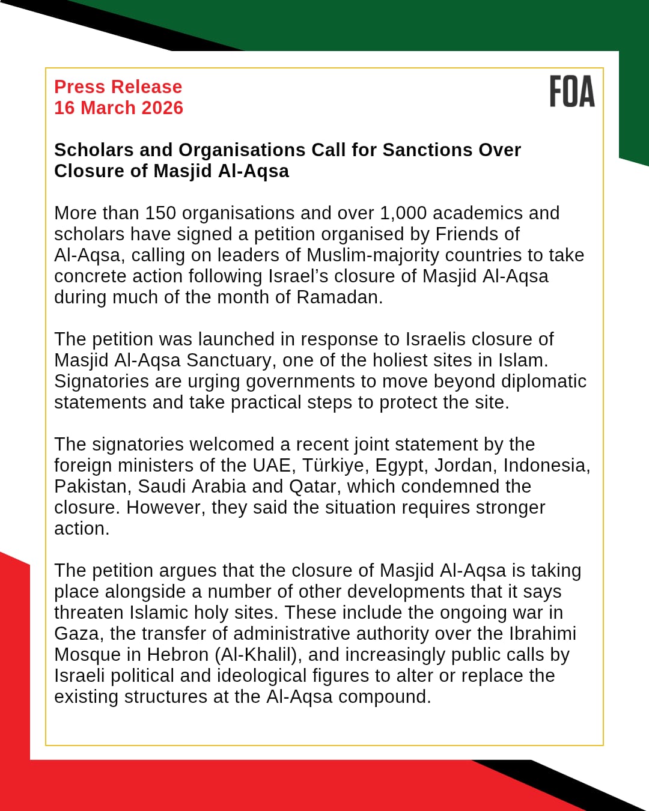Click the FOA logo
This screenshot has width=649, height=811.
click(x=571, y=92)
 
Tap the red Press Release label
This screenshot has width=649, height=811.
click(x=118, y=87)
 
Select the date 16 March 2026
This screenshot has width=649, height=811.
click(x=118, y=108)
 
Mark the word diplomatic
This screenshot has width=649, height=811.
click(x=544, y=381)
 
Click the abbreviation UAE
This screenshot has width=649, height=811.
click(x=272, y=465)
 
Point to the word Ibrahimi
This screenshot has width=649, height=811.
click(x=543, y=633)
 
